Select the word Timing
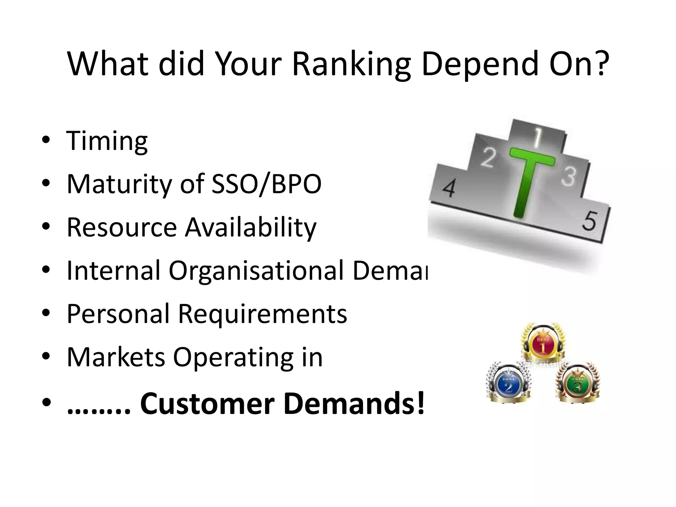(x=107, y=141)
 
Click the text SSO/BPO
(x=266, y=184)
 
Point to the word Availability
(x=251, y=228)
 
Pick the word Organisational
(x=257, y=271)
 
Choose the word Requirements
(x=262, y=314)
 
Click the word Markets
(x=116, y=357)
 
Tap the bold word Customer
(x=207, y=403)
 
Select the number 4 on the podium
(x=449, y=188)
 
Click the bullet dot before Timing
(x=46, y=140)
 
